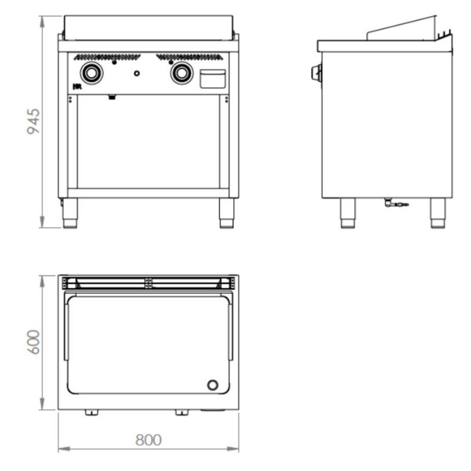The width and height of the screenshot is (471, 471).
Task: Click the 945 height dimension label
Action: tap(33, 121)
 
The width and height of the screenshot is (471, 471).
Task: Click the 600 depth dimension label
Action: tap(33, 342)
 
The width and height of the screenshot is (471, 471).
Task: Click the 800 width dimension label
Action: tap(149, 440)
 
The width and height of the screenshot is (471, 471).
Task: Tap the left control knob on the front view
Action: tap(92, 73)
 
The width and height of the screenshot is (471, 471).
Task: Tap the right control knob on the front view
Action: tap(182, 73)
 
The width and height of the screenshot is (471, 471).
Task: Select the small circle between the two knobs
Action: tap(137, 73)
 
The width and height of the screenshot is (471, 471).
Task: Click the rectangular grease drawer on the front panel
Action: tap(213, 79)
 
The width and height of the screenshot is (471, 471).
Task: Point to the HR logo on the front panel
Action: tap(77, 87)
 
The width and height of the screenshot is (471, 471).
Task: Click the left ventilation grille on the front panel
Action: tap(107, 57)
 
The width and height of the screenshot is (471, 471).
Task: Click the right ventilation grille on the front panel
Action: tap(190, 57)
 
